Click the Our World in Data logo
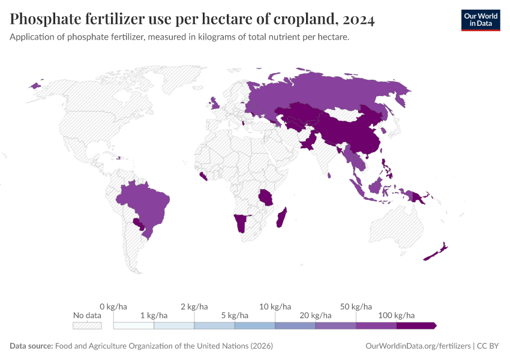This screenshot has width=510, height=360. pyautogui.click(x=480, y=20)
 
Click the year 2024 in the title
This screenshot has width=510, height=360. pyautogui.click(x=358, y=20)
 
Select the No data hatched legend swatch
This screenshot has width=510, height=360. pyautogui.click(x=87, y=326)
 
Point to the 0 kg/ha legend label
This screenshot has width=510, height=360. pyautogui.click(x=113, y=307)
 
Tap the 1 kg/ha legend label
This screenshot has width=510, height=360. pyautogui.click(x=154, y=315)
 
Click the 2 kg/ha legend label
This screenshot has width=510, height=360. pyautogui.click(x=194, y=307)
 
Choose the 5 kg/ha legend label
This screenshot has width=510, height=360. pyautogui.click(x=235, y=315)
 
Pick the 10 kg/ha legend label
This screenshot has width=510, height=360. pyautogui.click(x=275, y=307)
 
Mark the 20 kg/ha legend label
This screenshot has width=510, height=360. pyautogui.click(x=316, y=315)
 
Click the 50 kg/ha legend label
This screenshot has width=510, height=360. pyautogui.click(x=356, y=307)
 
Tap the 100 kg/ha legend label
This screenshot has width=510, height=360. pyautogui.click(x=397, y=315)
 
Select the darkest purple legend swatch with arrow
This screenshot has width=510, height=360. pyautogui.click(x=416, y=326)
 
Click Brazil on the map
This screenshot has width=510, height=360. pyautogui.click(x=144, y=204)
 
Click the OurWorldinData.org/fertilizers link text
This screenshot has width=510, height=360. pyautogui.click(x=418, y=346)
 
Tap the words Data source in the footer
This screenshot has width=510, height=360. pyautogui.click(x=31, y=346)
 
